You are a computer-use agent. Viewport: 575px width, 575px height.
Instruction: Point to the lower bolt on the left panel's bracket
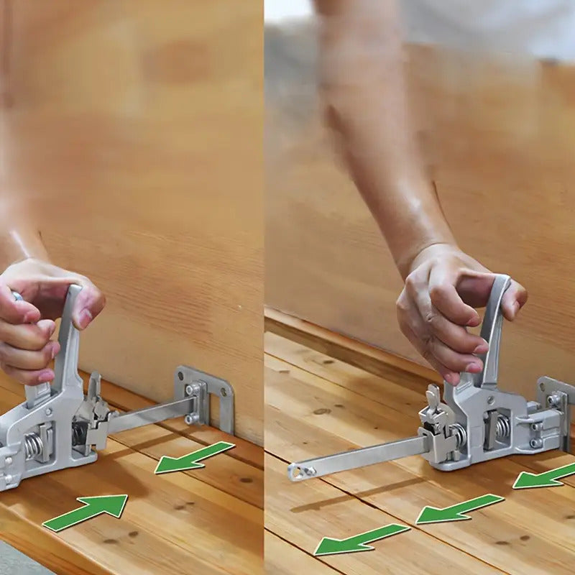191,418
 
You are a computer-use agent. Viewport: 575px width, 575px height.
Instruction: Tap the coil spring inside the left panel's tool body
32,446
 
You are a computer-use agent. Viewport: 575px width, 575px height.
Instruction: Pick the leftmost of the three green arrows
360,538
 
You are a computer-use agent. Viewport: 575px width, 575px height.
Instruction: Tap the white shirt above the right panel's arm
489,29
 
